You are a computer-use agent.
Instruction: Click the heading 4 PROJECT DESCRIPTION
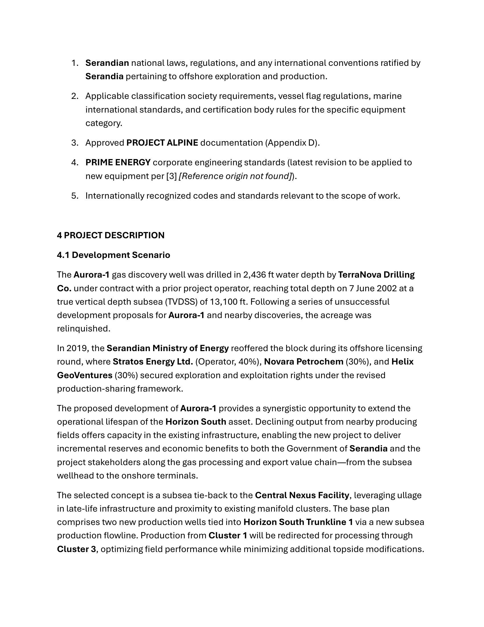point(111,235)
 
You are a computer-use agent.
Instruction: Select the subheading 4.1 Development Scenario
point(114,255)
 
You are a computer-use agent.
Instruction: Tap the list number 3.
point(75,143)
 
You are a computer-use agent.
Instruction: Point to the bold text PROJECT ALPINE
point(162,143)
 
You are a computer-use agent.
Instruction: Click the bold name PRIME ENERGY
point(118,162)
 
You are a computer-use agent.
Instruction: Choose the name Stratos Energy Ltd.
point(153,362)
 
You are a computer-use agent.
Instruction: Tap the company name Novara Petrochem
point(303,362)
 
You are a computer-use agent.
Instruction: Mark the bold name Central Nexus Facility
point(302,495)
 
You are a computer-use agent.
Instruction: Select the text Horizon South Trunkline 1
point(298,522)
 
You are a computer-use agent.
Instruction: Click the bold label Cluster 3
point(76,549)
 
